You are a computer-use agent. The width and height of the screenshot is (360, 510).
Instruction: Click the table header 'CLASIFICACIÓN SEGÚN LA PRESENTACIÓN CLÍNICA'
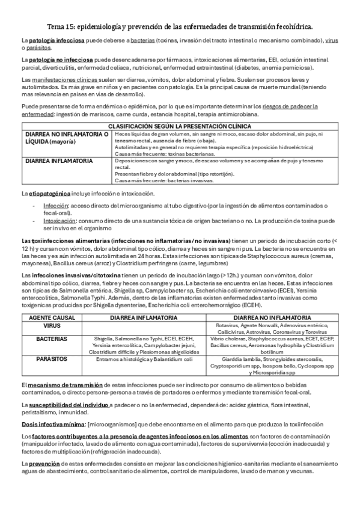(180, 126)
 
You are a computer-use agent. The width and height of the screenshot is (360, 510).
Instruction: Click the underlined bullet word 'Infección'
(55, 205)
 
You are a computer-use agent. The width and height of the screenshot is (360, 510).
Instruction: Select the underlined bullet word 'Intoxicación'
(58, 221)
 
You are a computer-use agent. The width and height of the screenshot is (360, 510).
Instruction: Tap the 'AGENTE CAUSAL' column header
(52, 316)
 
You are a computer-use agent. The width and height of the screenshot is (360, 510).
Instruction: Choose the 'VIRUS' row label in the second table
(52, 325)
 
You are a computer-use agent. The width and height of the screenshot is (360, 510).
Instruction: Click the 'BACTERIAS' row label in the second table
(52, 338)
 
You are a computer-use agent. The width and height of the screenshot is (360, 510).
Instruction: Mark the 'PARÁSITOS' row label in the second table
(52, 359)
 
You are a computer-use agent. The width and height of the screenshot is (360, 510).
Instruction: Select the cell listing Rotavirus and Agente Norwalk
(273, 328)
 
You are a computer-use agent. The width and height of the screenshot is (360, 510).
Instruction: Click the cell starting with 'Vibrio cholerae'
(273, 345)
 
